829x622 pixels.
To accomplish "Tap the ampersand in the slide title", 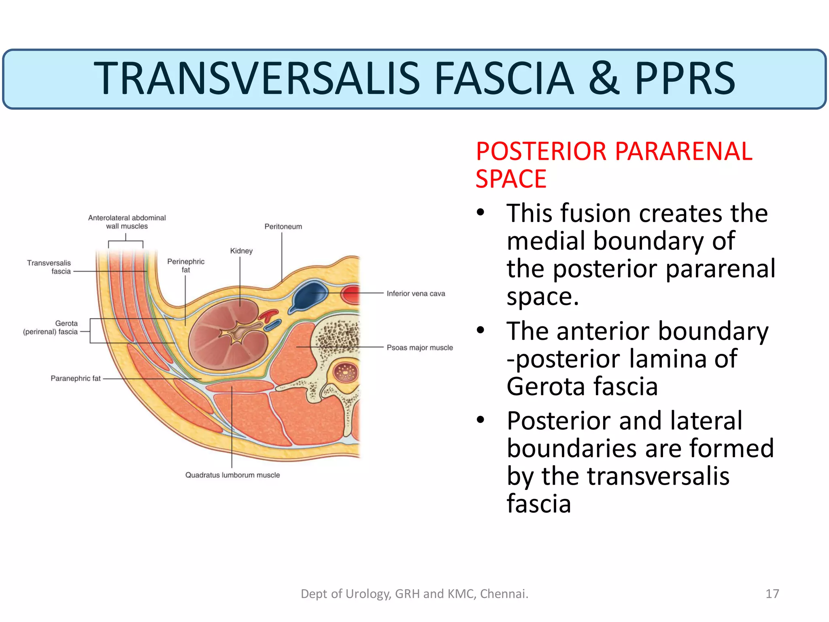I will (x=604, y=79).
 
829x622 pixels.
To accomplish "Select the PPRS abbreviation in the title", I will (x=684, y=79).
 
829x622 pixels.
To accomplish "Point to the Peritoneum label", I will (x=283, y=226).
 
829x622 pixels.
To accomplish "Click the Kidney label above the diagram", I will (x=241, y=251).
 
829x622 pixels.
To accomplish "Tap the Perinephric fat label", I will (x=186, y=266).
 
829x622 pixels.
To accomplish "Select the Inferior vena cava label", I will (x=416, y=293).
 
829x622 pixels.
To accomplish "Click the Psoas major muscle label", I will (x=420, y=347).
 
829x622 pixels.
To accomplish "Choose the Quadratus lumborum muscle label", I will (x=232, y=475).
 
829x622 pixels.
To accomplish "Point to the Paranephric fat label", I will (x=75, y=378).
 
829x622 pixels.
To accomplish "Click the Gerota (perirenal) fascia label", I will (x=51, y=328).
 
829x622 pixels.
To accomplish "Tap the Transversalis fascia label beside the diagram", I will (x=49, y=267).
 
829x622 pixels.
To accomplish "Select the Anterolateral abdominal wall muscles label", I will (x=127, y=222).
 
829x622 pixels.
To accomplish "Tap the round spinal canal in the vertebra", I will (x=345, y=372).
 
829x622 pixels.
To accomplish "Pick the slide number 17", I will (x=772, y=594).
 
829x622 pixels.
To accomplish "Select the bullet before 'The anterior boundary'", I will (x=480, y=330).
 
